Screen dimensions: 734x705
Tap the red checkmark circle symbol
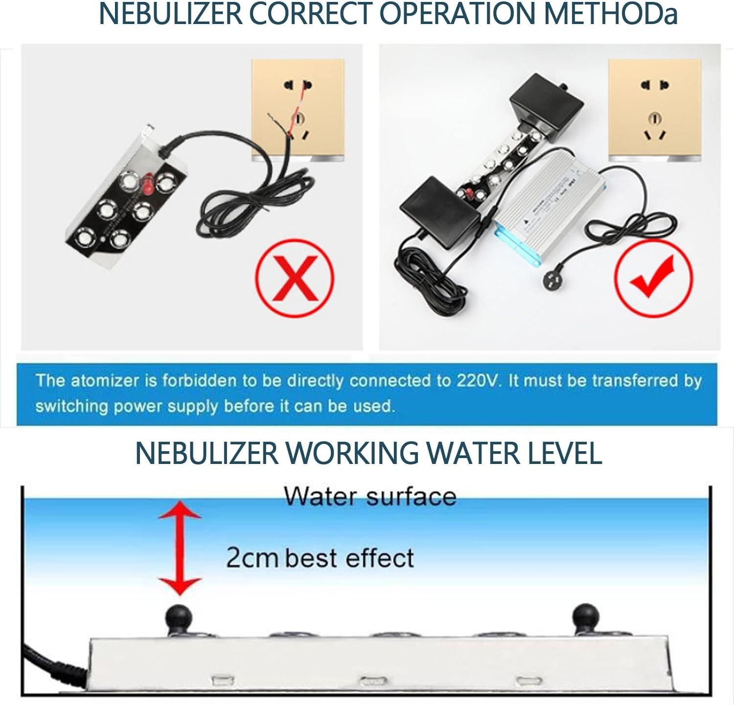click(653, 277)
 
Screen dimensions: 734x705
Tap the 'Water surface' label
click(370, 496)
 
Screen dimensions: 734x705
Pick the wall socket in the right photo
click(655, 110)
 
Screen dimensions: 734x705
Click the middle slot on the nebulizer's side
click(373, 681)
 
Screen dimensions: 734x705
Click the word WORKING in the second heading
click(352, 453)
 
